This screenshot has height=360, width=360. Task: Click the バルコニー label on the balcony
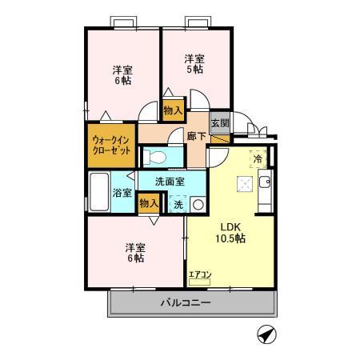click(x=185, y=304)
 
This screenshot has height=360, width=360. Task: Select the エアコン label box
click(x=199, y=276)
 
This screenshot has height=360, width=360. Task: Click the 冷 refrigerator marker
click(x=258, y=158)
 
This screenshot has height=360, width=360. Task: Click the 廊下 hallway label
click(x=196, y=136)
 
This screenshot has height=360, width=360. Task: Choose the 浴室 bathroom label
click(x=122, y=193)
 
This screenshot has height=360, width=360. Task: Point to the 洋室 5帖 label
click(x=194, y=64)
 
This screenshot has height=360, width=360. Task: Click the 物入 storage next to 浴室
click(x=149, y=204)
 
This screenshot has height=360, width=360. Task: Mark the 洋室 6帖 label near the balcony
click(x=134, y=252)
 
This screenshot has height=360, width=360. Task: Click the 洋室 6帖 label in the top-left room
click(x=122, y=75)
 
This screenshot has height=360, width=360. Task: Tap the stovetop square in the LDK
click(x=243, y=184)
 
